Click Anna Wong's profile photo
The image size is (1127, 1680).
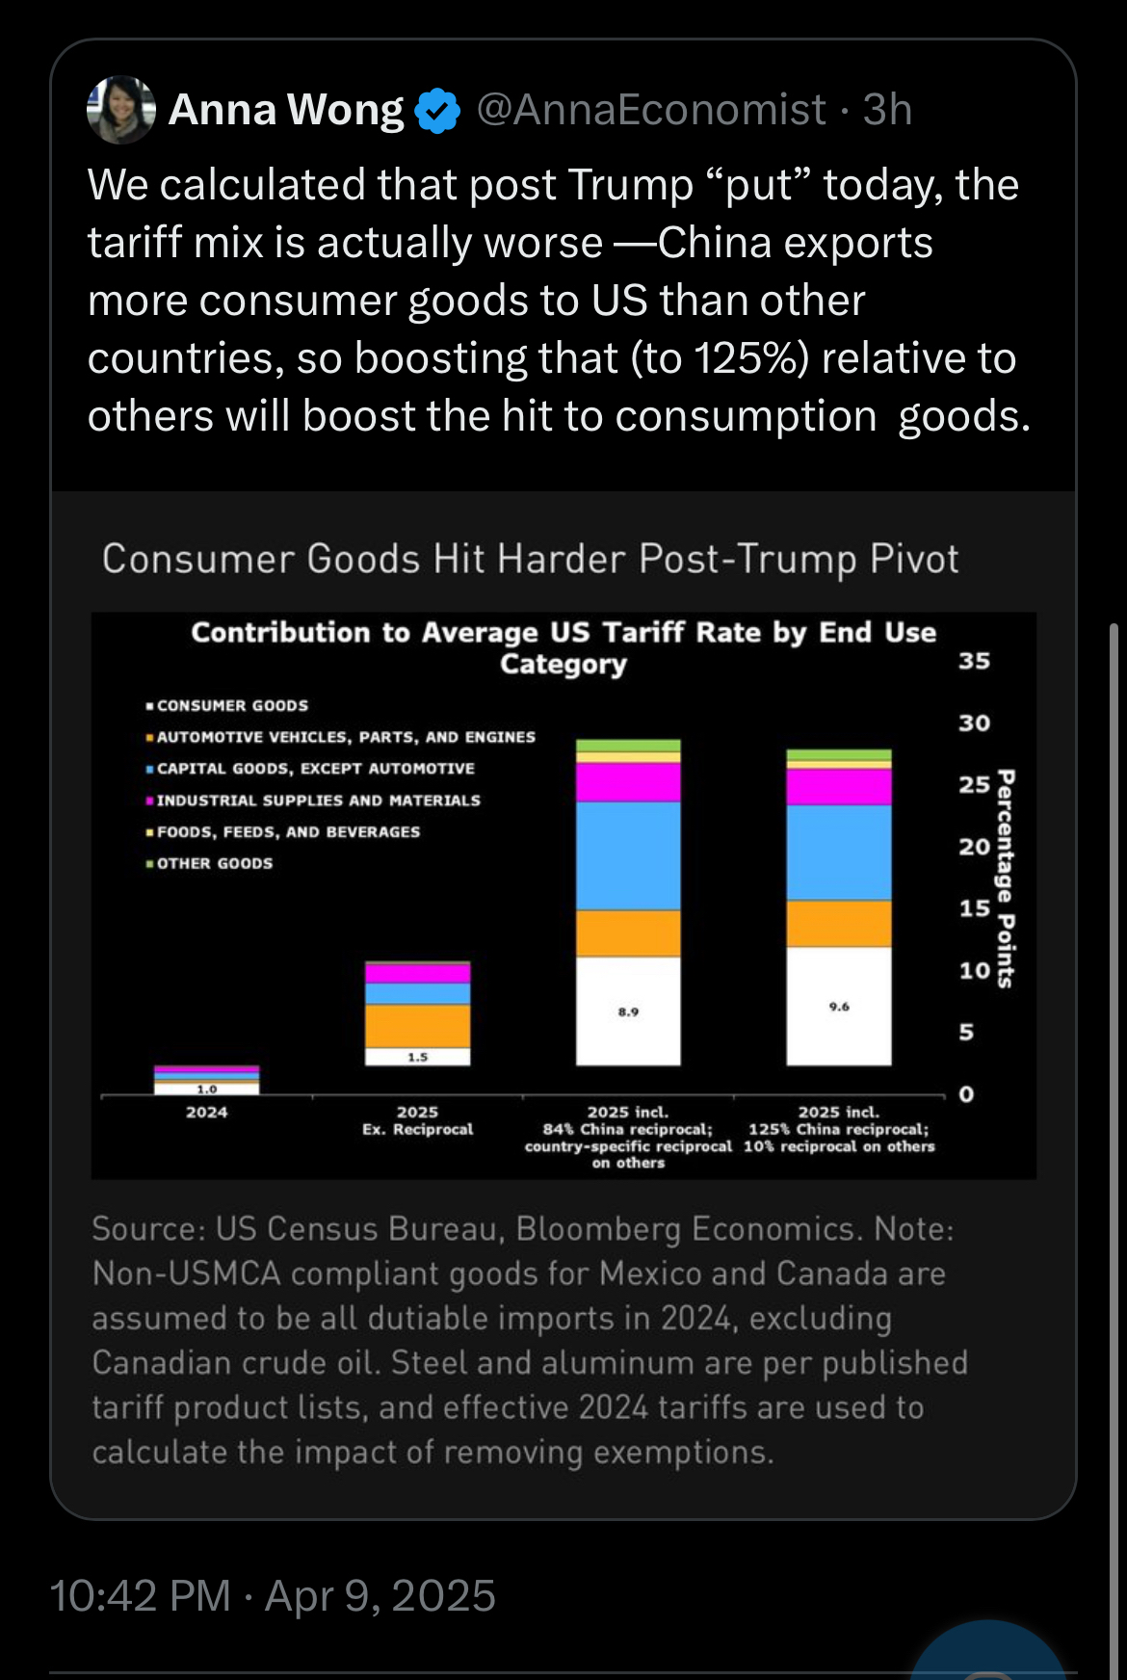121,110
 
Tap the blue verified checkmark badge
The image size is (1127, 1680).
437,111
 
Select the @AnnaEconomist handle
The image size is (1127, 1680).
651,110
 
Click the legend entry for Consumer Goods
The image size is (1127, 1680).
232,705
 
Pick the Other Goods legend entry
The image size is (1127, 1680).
214,863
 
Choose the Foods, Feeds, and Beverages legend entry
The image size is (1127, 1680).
288,831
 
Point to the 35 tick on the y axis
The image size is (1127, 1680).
974,661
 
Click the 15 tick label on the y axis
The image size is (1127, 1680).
974,908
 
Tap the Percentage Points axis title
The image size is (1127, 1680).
1006,879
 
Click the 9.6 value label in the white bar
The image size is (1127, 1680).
839,1007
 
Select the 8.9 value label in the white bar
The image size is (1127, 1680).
628,1011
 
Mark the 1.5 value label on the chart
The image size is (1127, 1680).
417,1057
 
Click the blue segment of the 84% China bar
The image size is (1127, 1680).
628,855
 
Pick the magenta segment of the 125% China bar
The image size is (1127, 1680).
839,787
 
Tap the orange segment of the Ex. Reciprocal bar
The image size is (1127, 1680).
417,1026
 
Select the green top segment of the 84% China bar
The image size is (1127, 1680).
628,746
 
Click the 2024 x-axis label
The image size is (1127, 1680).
206,1112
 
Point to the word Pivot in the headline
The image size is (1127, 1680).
914,559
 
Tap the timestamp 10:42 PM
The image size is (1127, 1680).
140,1596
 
